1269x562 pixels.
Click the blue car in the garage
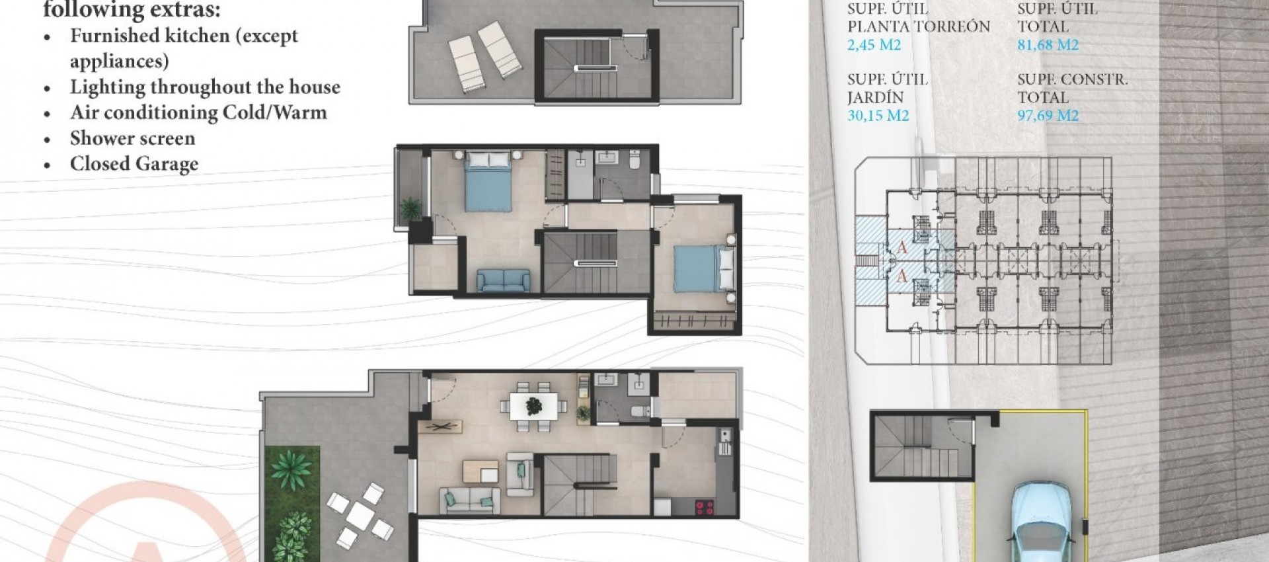pos(1042,522)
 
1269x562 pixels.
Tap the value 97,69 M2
pos(1048,116)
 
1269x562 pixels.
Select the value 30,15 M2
pos(878,116)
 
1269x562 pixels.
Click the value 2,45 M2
pos(874,45)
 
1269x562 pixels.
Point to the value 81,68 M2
pos(1048,45)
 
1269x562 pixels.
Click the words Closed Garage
pos(134,163)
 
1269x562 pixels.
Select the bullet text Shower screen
pos(132,138)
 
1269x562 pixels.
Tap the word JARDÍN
pos(875,97)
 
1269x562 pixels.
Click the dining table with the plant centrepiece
pos(533,403)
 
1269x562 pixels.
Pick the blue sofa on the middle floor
pos(503,280)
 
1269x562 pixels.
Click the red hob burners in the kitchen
pos(705,507)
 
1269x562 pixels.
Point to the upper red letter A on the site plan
pos(902,248)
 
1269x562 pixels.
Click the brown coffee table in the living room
pos(480,471)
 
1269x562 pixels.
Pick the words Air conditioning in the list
pos(144,112)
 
